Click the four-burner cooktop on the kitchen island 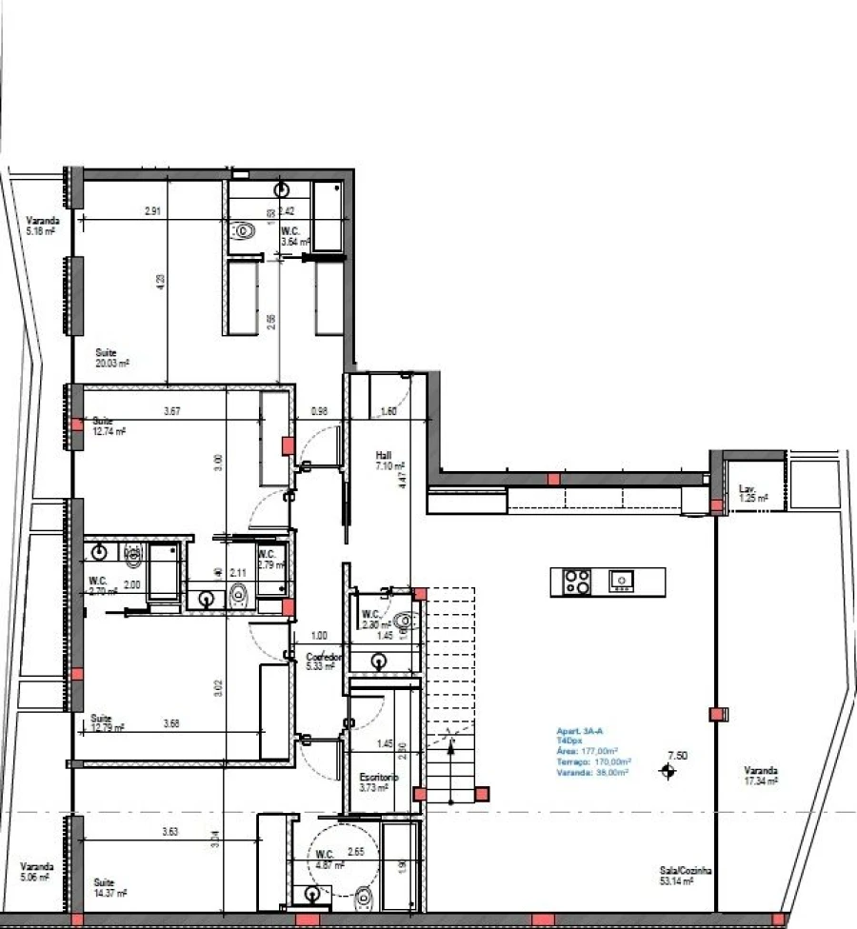577,581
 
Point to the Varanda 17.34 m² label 762,776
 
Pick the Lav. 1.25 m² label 752,494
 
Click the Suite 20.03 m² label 111,357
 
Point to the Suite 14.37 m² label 110,888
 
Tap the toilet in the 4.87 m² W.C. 362,896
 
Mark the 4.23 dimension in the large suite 161,281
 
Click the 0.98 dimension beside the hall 319,411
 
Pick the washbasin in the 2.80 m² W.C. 380,658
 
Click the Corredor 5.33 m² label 320,662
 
